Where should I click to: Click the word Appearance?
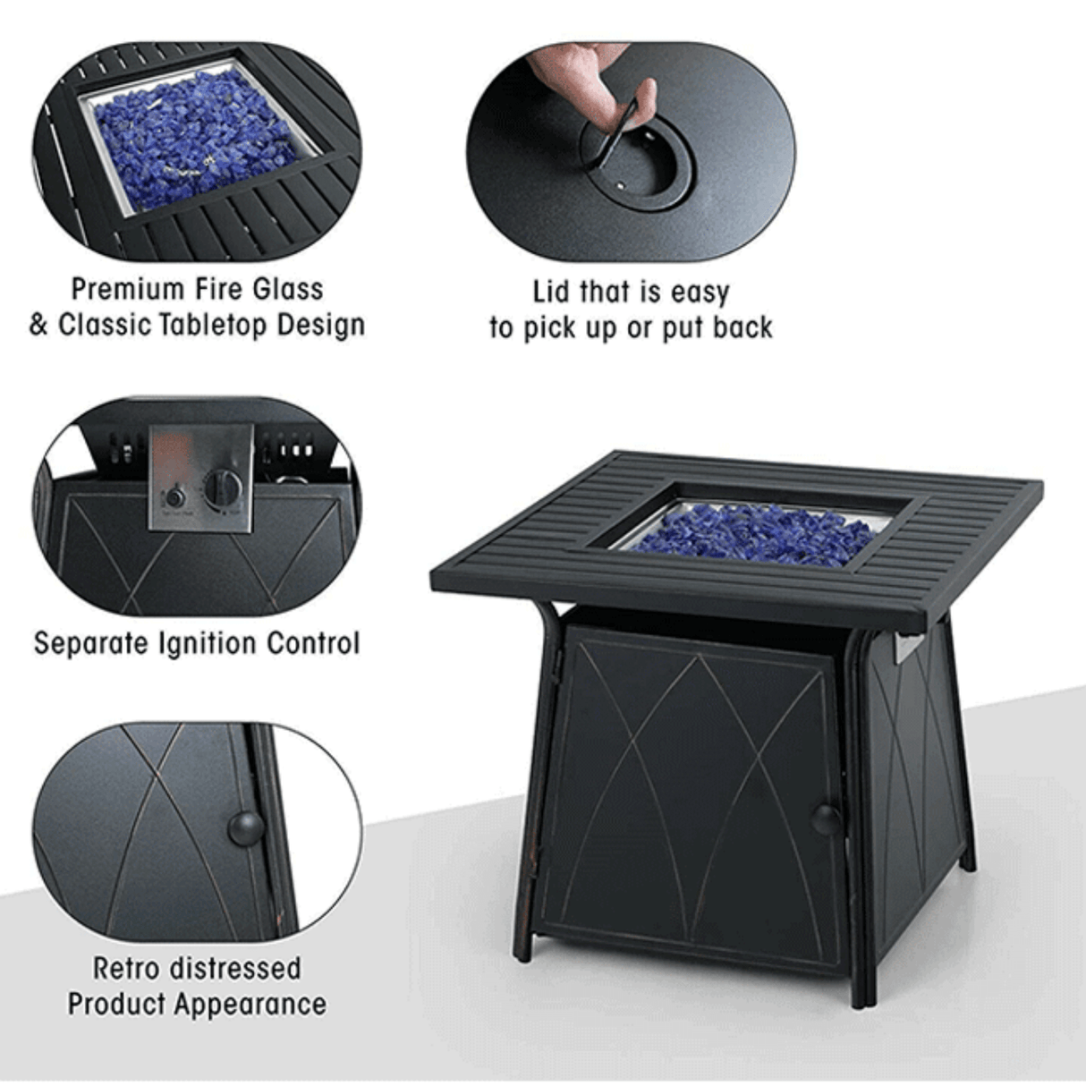pos(250,1004)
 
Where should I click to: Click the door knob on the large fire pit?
pos(826,817)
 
